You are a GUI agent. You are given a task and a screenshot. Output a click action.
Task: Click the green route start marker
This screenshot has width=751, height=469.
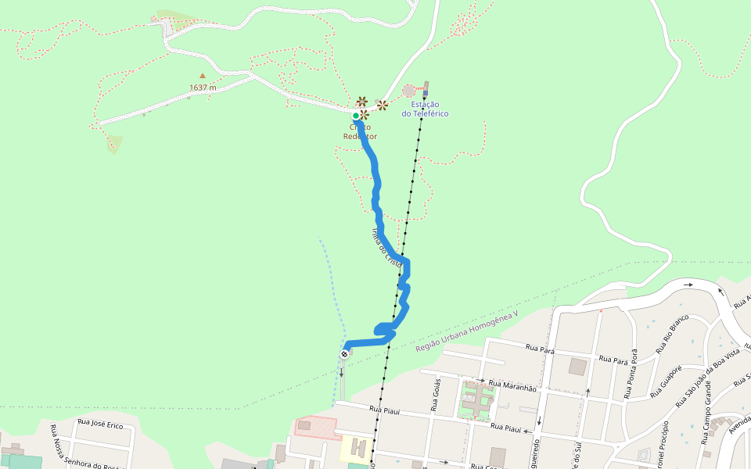click(x=356, y=116)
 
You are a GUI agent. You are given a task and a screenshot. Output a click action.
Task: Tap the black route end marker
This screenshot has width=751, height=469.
click(x=344, y=354)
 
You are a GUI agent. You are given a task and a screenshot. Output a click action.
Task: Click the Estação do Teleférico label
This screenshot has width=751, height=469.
click(x=425, y=109)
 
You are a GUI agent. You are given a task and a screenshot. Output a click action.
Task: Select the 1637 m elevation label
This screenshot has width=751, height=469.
click(x=203, y=88)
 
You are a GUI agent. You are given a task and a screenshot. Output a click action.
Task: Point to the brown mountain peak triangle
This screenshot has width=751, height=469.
click(x=203, y=76)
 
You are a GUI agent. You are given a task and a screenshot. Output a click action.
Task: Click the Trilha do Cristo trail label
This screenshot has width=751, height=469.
click(x=386, y=249)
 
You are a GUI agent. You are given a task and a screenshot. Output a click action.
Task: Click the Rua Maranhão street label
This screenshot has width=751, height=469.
click(x=512, y=387)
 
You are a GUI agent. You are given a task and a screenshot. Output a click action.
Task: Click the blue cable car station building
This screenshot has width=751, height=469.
click(x=426, y=87)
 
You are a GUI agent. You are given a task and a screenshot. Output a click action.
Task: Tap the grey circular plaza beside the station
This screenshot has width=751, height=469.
click(x=409, y=91)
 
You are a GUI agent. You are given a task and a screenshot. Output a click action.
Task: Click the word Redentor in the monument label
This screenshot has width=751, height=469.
click(x=360, y=136)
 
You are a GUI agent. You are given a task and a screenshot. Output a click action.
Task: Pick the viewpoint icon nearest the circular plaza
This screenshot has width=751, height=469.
click(x=383, y=104)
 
